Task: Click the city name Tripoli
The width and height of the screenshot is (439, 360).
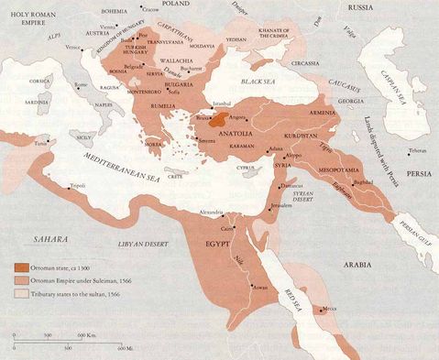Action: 78,183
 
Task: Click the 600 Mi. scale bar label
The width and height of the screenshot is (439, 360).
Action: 125,349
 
